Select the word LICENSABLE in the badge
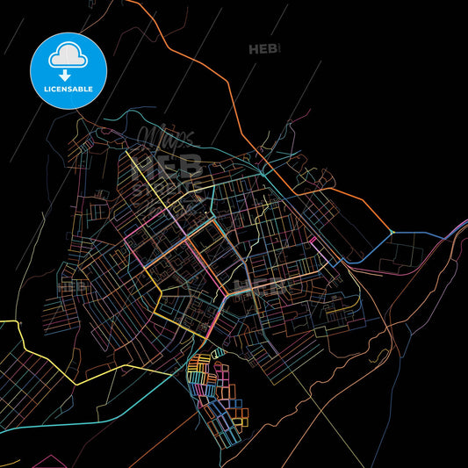coord(68,88)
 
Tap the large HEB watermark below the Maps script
coord(166,167)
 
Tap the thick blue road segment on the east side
coord(421,234)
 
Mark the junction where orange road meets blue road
coord(392,232)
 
